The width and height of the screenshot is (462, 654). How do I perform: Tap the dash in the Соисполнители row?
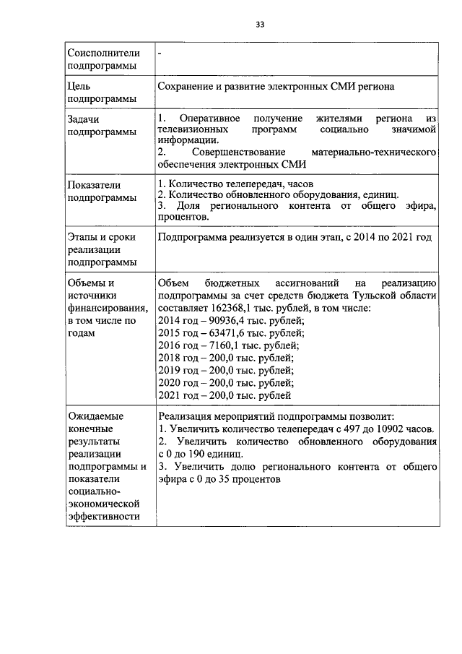(x=160, y=53)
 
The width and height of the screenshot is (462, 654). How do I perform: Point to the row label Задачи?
(x=83, y=118)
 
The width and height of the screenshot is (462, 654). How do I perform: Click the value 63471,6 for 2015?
(x=221, y=333)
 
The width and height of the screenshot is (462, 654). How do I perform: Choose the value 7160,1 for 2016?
(x=219, y=345)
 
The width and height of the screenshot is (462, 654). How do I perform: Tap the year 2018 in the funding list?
(x=170, y=358)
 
